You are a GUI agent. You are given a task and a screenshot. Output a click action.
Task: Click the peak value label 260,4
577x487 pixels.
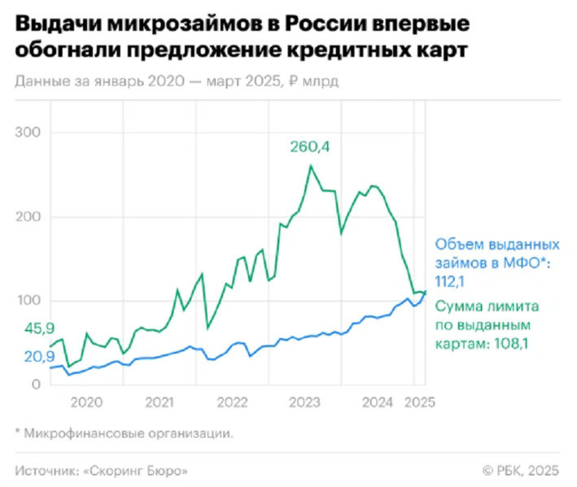[x=313, y=147]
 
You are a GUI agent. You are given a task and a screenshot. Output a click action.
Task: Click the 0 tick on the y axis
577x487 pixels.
[x=36, y=385]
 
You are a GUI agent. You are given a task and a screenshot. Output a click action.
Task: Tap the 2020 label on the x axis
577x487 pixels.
[x=86, y=402]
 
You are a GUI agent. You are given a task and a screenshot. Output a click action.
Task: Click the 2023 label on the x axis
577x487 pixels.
[x=305, y=402]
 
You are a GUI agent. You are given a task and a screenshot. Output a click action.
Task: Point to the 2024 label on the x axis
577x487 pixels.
[x=378, y=402]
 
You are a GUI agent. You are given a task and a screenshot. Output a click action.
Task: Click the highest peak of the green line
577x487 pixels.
[x=310, y=166]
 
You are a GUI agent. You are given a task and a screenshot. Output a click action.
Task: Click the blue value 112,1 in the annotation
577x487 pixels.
[x=452, y=280]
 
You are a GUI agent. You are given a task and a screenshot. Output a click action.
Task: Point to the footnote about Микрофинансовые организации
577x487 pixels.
[x=122, y=433]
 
